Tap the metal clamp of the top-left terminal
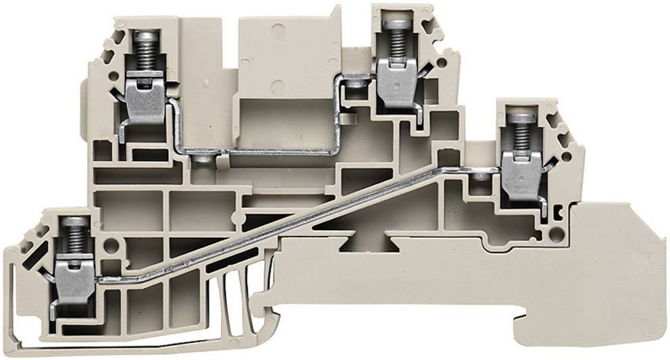pyautogui.click(x=145, y=102)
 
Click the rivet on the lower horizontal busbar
pyautogui.click(x=201, y=160)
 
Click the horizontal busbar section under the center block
pyautogui.click(x=270, y=153)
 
